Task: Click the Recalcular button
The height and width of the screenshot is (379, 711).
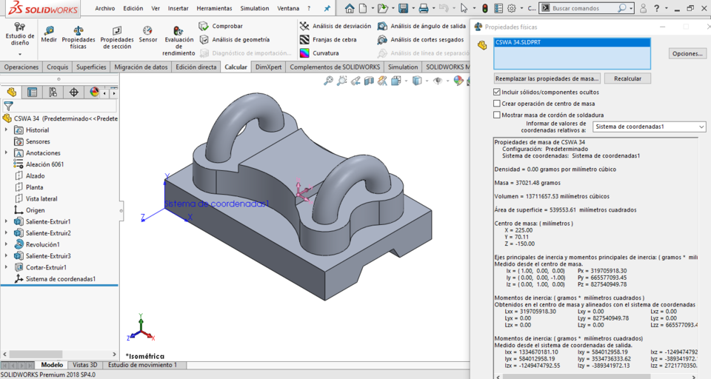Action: [627, 78]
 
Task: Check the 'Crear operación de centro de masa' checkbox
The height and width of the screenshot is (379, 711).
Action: [497, 104]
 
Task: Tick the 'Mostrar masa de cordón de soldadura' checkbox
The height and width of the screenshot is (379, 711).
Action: [497, 115]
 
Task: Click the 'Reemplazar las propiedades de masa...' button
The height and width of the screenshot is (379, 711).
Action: [547, 78]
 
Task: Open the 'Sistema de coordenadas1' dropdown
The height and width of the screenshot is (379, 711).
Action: [649, 127]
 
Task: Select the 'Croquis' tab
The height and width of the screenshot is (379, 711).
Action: [58, 67]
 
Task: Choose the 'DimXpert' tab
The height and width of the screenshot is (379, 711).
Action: [268, 67]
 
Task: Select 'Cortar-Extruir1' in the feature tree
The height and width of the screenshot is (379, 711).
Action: [46, 267]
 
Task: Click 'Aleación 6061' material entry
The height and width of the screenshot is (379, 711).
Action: [44, 164]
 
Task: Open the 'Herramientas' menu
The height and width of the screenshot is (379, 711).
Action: [214, 8]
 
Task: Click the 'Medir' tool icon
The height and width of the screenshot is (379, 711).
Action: [49, 34]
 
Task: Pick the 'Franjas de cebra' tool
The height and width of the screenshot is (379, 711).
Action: [333, 39]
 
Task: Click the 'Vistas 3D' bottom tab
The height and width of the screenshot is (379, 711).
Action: [85, 365]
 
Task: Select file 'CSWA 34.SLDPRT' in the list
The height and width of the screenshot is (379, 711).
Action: [518, 43]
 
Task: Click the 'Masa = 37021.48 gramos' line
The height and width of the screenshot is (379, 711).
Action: [527, 183]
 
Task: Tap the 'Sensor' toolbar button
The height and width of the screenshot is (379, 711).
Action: [147, 34]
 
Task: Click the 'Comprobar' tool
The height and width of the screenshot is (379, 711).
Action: [227, 26]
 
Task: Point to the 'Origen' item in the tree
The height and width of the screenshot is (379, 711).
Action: [35, 210]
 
